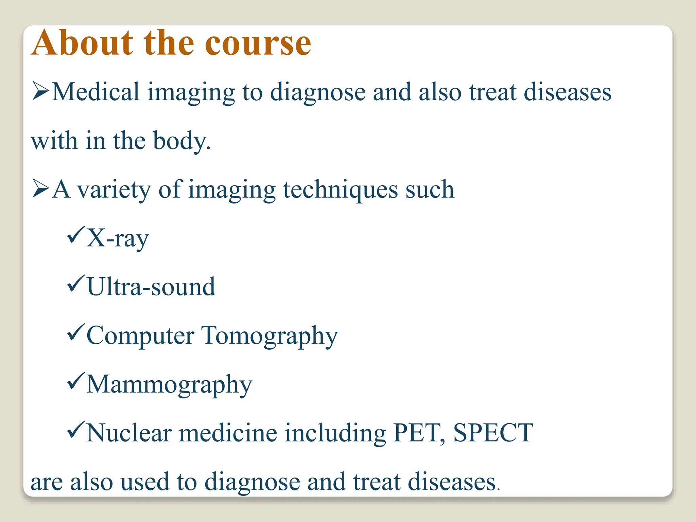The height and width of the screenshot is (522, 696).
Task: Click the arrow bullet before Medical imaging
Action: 40,92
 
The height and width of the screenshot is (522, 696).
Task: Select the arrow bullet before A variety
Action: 40,189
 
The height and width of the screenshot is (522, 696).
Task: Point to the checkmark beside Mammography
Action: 75,381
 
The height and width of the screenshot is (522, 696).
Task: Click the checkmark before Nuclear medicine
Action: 75,430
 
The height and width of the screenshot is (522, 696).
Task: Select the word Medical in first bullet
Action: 95,92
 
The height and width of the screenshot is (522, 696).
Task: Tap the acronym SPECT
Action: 493,433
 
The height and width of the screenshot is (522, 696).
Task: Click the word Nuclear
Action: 129,433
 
